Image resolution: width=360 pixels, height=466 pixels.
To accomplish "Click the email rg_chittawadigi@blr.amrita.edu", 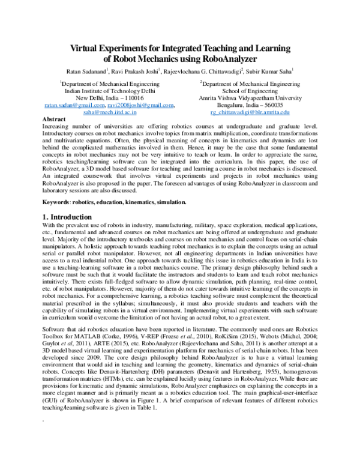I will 250,112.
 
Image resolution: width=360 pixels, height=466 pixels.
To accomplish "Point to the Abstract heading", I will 55,120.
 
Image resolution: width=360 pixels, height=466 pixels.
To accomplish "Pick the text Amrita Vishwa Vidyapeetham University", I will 250,98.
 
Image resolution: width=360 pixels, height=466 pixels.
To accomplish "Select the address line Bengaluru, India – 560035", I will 250,105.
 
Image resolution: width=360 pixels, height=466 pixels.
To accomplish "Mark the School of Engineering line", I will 250,91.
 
